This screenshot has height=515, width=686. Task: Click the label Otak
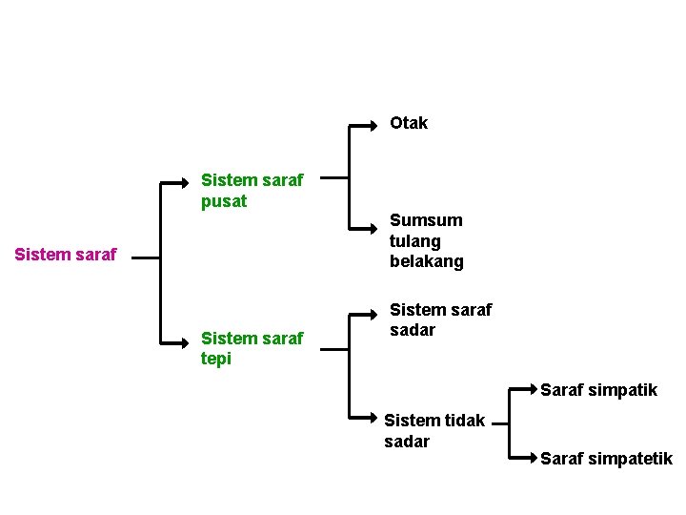[409, 123]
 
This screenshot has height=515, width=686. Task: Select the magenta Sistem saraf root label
[66, 255]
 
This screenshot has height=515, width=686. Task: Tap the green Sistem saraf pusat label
[252, 190]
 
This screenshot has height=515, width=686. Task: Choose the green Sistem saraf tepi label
[252, 348]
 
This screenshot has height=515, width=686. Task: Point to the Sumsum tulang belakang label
[426, 240]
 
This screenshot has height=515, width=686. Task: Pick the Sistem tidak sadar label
[434, 430]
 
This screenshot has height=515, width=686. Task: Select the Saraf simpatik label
[598, 390]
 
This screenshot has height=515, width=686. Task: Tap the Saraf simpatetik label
[606, 459]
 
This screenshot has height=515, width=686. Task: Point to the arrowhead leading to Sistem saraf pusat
[186, 180]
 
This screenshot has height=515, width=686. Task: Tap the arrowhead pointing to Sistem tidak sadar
[374, 419]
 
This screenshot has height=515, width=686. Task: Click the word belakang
[426, 261]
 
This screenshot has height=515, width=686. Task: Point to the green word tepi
[216, 359]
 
